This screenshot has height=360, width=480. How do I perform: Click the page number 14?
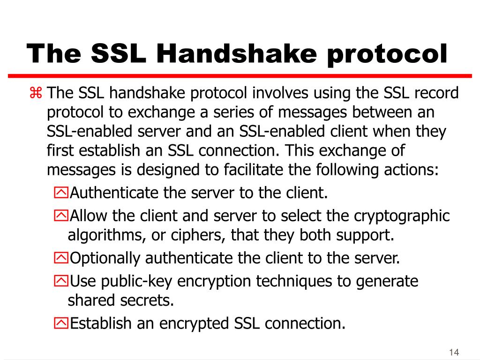coord(453,352)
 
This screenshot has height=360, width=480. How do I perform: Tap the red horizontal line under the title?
coord(240,75)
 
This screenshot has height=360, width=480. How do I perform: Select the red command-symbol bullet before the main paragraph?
coord(36,93)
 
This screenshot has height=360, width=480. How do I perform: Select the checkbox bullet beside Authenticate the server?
coord(61,192)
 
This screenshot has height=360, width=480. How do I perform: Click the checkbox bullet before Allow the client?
coord(61,216)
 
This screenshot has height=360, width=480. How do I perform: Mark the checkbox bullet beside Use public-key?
coord(61,281)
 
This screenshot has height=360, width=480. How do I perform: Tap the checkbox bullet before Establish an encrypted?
coord(61,323)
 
